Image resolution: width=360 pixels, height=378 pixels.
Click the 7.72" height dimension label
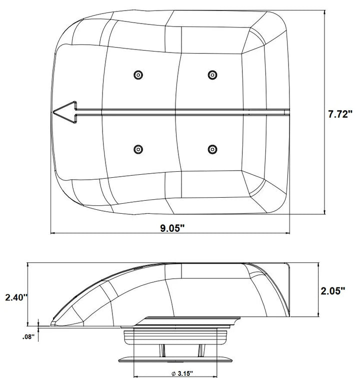pyautogui.click(x=341, y=114)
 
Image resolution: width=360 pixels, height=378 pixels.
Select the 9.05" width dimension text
pyautogui.click(x=172, y=228)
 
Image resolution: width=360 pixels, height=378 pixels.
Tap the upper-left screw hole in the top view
pyautogui.click(x=137, y=75)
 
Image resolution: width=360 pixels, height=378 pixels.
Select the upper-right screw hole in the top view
pyautogui.click(x=212, y=75)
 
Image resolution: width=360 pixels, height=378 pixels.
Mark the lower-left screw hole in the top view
pyautogui.click(x=137, y=149)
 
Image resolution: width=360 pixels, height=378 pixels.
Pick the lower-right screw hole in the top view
pyautogui.click(x=212, y=149)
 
